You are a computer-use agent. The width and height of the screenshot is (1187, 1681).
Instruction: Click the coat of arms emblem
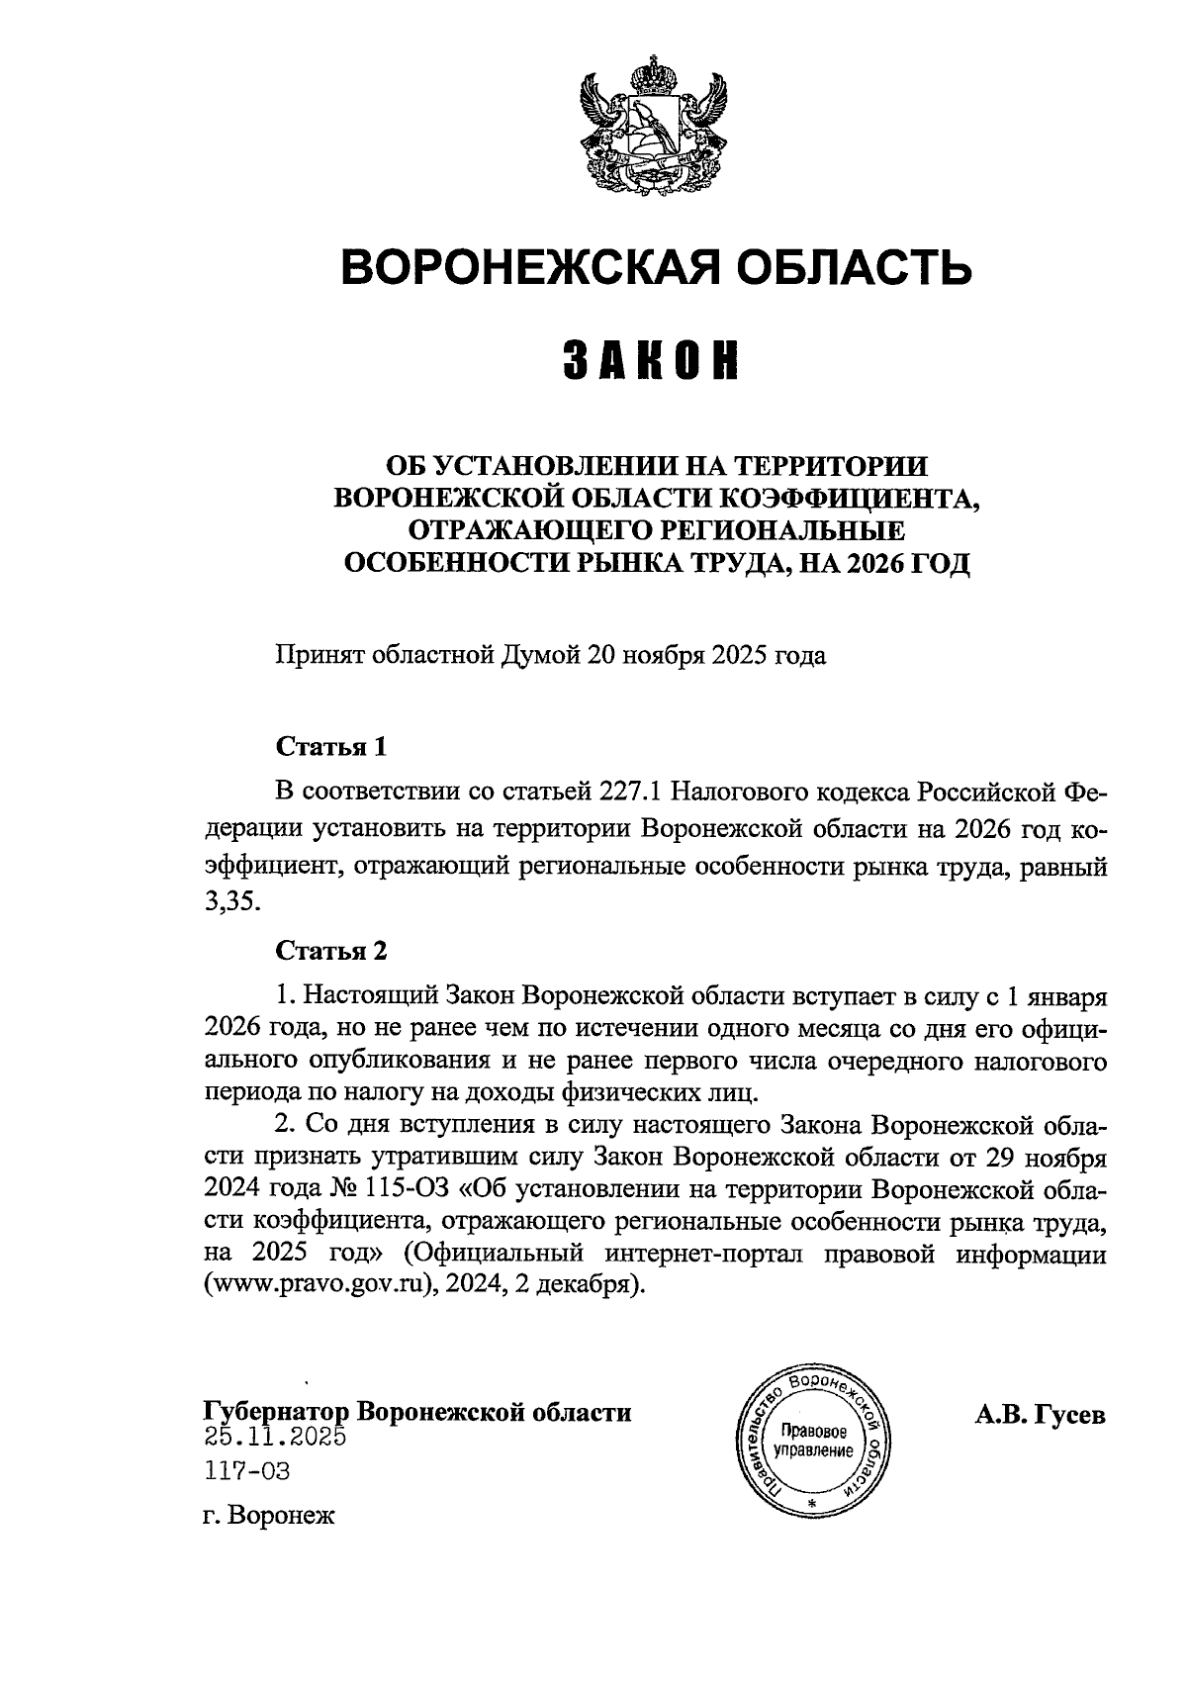coord(654,130)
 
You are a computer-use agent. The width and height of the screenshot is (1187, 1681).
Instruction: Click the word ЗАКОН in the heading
coord(652,360)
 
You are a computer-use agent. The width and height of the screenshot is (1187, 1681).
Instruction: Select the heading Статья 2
coord(330,952)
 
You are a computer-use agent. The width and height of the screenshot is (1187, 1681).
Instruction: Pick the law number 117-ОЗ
coord(247,1471)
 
